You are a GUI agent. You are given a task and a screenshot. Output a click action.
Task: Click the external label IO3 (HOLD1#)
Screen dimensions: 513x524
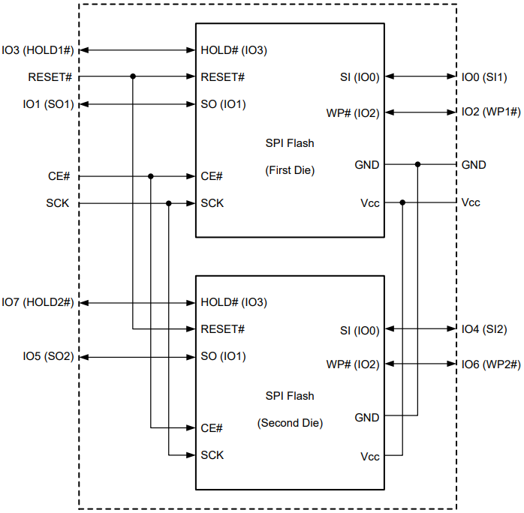(38, 50)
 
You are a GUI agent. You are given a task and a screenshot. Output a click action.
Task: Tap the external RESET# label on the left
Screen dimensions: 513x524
(50, 76)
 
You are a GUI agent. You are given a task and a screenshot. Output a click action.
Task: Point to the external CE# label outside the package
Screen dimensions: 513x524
(59, 176)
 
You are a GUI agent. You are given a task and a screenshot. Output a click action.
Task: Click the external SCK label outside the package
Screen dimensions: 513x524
(59, 203)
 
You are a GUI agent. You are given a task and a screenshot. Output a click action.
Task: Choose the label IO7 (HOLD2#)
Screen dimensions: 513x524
(38, 302)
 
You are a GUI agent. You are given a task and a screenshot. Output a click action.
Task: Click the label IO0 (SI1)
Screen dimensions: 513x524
(484, 76)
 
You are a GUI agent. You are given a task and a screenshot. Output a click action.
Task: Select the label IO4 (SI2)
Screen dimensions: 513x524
(484, 328)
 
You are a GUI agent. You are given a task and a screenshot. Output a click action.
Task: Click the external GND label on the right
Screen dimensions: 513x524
(474, 164)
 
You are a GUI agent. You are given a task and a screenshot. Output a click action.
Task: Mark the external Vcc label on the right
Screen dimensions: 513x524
(471, 202)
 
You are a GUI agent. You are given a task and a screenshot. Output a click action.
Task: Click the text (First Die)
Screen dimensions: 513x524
(290, 170)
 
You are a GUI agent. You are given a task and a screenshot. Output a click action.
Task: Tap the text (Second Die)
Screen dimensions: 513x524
(290, 423)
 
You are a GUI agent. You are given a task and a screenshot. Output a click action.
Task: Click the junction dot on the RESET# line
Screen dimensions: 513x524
(133, 76)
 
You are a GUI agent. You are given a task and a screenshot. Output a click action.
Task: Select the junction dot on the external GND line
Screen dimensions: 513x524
(418, 164)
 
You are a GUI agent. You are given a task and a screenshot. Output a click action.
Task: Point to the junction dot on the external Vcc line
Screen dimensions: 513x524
(403, 202)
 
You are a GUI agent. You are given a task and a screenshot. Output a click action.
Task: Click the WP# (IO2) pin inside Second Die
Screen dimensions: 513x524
(352, 364)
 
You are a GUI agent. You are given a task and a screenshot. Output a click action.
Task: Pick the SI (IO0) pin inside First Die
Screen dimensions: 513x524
(360, 76)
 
